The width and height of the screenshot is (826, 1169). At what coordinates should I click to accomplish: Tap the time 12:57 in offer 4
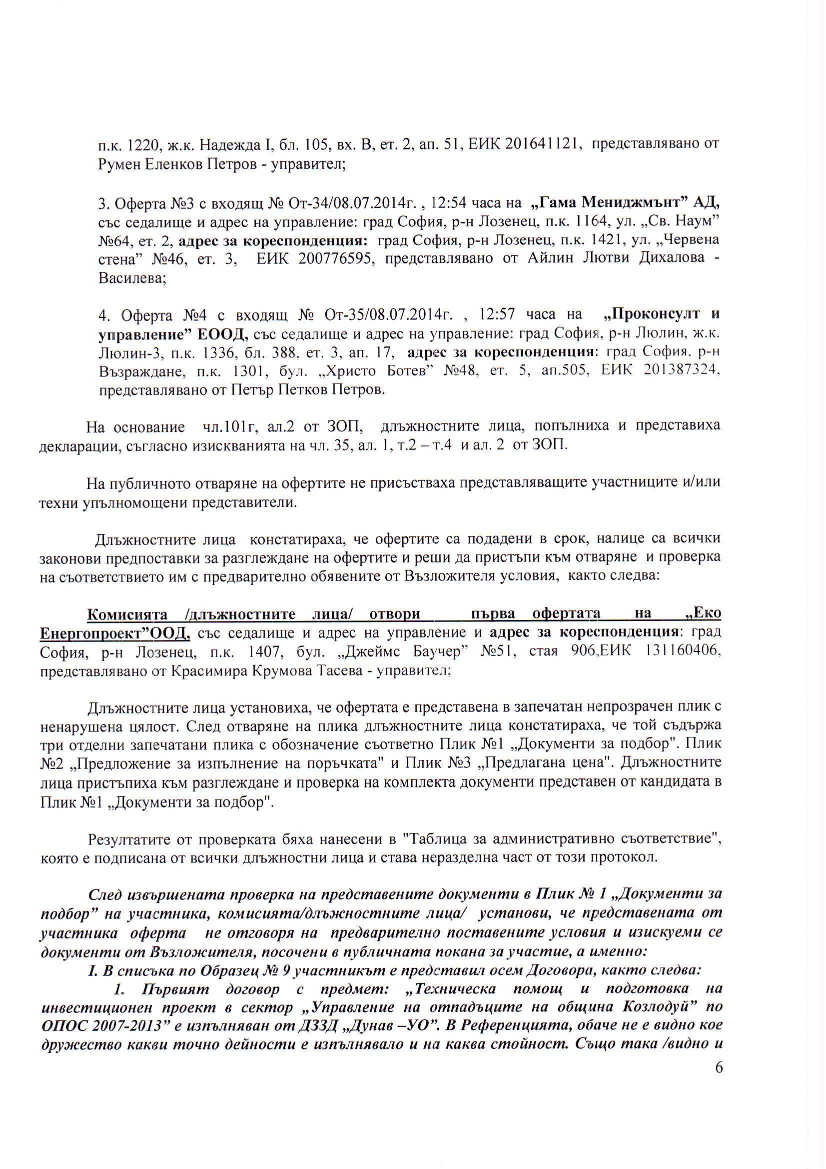[497, 314]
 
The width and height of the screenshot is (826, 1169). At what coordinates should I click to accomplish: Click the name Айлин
[539, 258]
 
